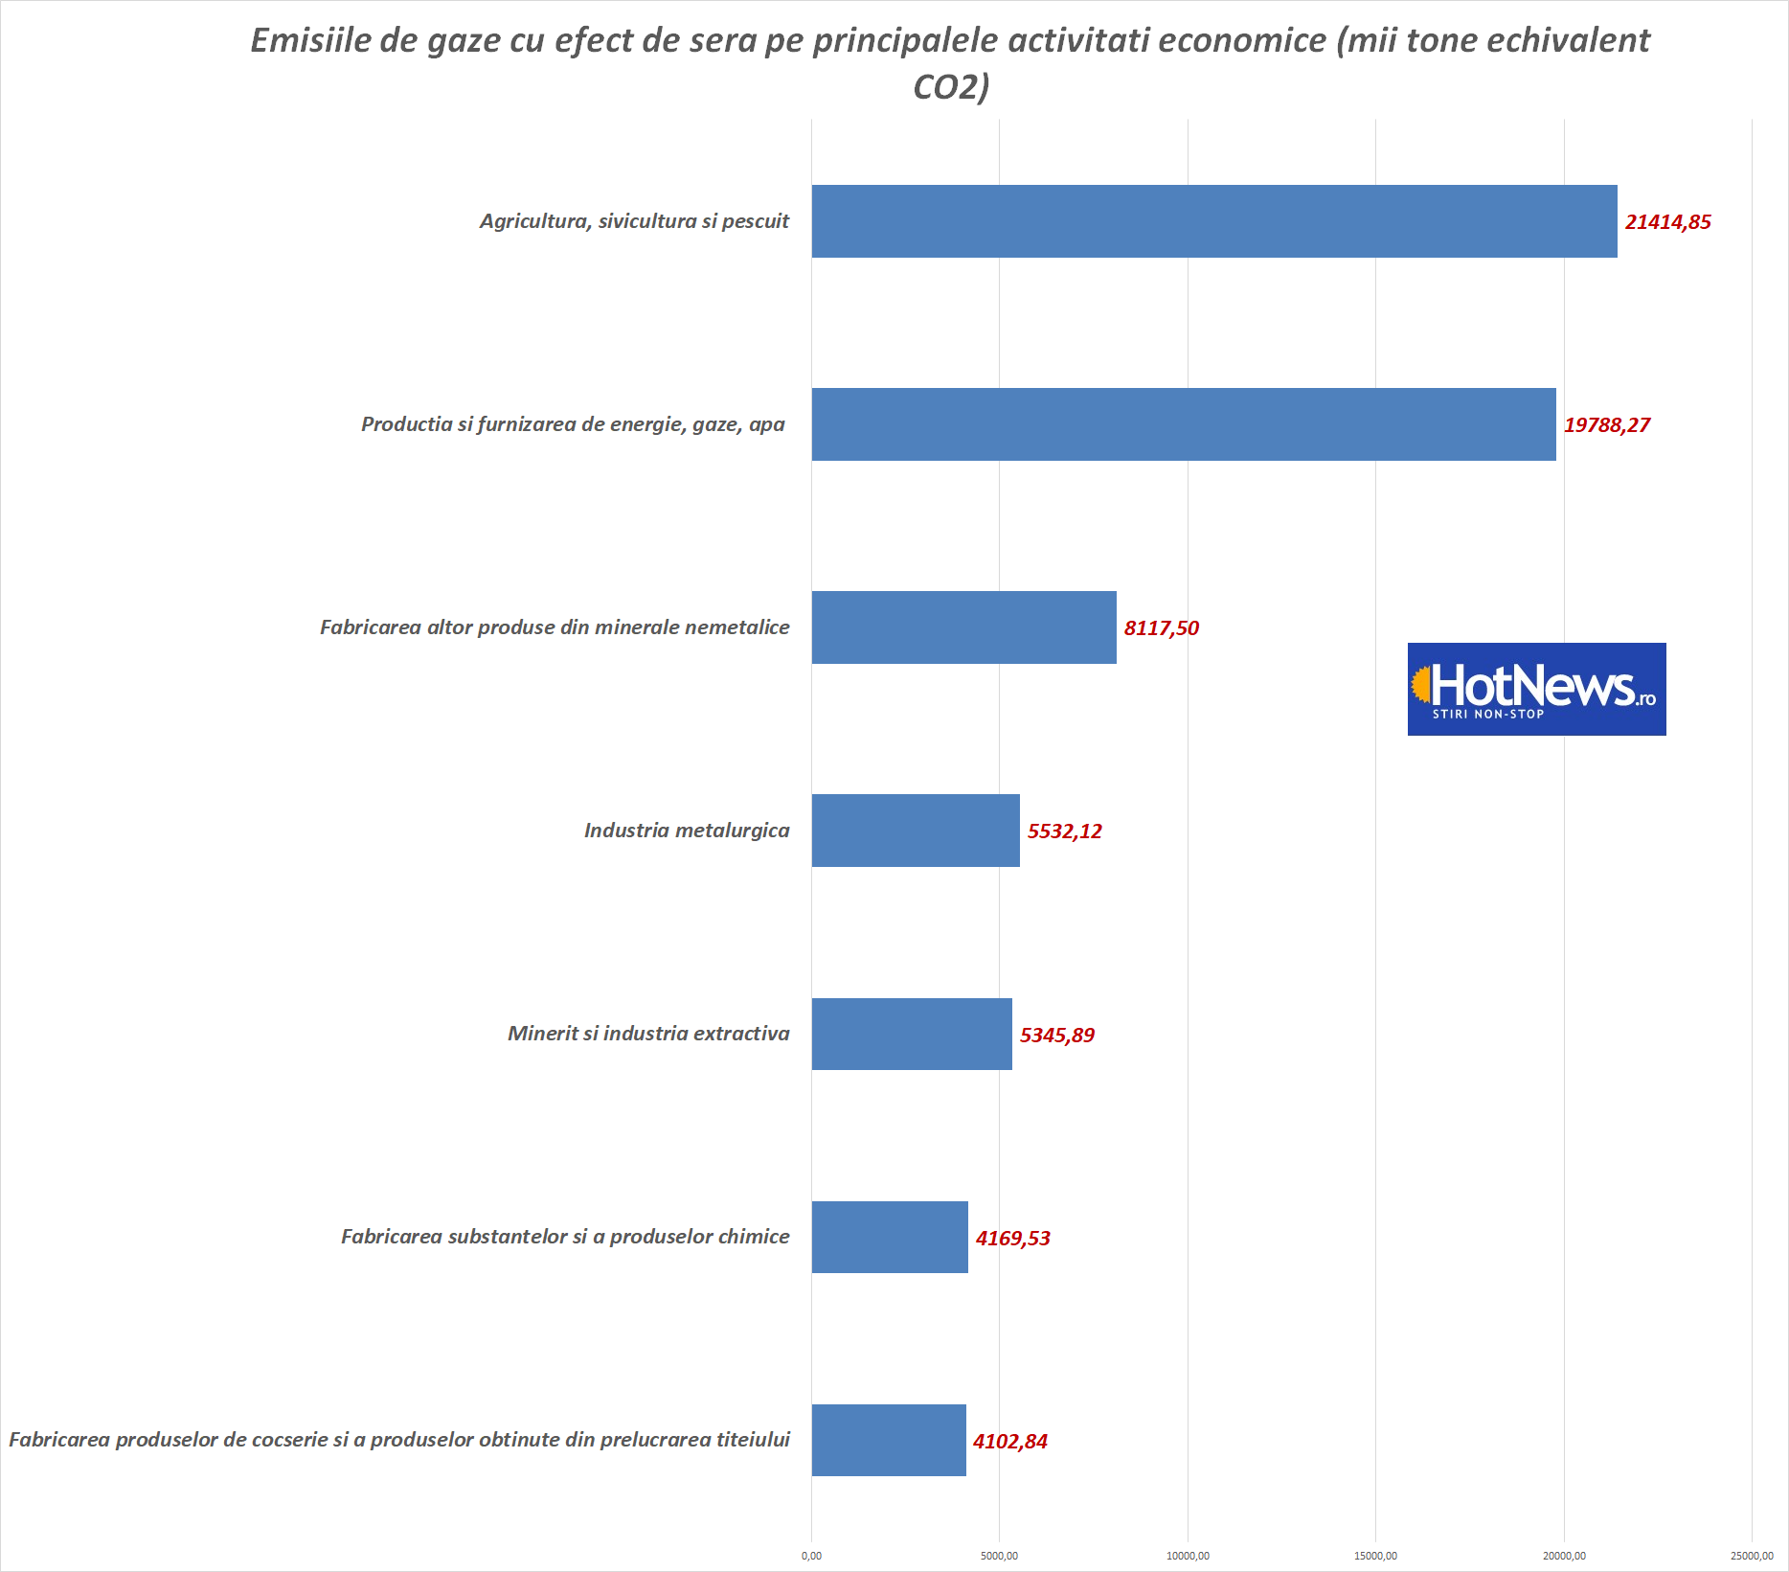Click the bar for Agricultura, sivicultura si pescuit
(x=1213, y=221)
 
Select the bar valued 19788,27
(x=1183, y=424)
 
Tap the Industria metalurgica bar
(x=916, y=831)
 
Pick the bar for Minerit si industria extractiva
(x=912, y=1035)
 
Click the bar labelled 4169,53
(x=890, y=1238)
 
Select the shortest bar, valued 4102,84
(x=889, y=1441)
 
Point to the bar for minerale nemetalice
(x=963, y=627)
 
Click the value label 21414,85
(x=1667, y=222)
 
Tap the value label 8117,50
(x=1161, y=628)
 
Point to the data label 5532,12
(x=1064, y=832)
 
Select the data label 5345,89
(x=1056, y=1036)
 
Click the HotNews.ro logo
(x=1536, y=689)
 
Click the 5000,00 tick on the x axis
(x=999, y=1556)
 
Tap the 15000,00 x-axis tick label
(x=1375, y=1556)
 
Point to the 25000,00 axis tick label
(x=1752, y=1556)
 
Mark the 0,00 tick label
(x=811, y=1556)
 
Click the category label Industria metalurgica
(x=687, y=831)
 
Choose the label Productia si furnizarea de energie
(x=573, y=424)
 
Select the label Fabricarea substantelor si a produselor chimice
(x=565, y=1237)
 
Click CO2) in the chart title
(x=951, y=87)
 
